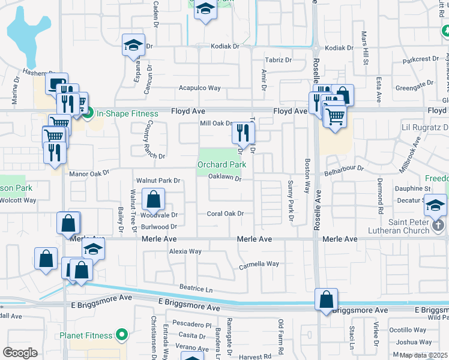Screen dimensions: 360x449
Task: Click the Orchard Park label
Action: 221,164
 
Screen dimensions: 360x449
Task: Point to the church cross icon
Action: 438,226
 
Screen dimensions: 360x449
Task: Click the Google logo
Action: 20,353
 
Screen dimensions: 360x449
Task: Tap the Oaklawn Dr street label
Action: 224,178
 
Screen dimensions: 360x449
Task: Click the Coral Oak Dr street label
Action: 225,214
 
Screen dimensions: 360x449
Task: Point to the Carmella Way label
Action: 259,264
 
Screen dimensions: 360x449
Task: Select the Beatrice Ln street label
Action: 196,289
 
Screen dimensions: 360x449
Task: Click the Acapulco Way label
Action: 199,88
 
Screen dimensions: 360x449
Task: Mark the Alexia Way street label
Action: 185,251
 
